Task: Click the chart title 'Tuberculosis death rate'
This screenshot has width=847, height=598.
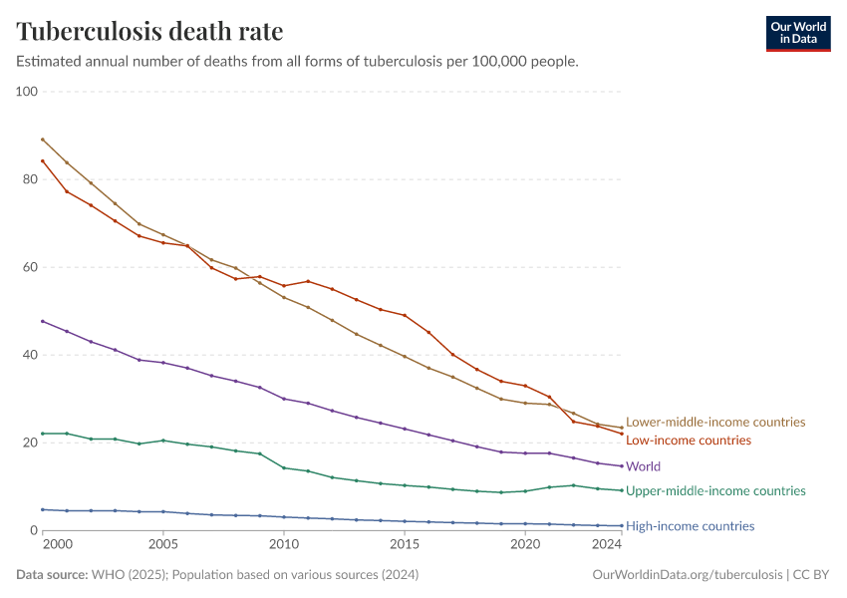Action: coord(149,32)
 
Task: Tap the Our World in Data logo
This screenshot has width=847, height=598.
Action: coord(797,33)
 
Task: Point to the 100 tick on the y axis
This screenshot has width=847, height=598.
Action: coord(26,92)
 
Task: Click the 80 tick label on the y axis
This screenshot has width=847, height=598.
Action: coord(29,179)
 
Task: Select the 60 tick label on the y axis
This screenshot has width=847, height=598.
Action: coord(29,267)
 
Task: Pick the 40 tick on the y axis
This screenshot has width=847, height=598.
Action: coord(29,355)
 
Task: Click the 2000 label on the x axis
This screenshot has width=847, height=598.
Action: coord(59,545)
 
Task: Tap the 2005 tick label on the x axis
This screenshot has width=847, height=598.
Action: coord(163,545)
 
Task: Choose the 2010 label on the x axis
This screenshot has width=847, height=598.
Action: coord(284,545)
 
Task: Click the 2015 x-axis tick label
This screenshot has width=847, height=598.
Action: coord(405,545)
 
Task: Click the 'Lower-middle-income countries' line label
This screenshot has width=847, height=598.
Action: coord(715,423)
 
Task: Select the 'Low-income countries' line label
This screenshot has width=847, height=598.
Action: coord(689,441)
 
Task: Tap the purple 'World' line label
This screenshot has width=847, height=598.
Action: coord(644,466)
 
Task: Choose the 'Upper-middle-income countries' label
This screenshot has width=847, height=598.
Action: coord(715,491)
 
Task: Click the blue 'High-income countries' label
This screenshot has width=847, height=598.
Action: coord(690,526)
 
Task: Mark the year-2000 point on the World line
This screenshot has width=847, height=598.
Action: coord(43,321)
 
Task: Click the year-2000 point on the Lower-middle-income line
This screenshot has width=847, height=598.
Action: coord(43,140)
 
